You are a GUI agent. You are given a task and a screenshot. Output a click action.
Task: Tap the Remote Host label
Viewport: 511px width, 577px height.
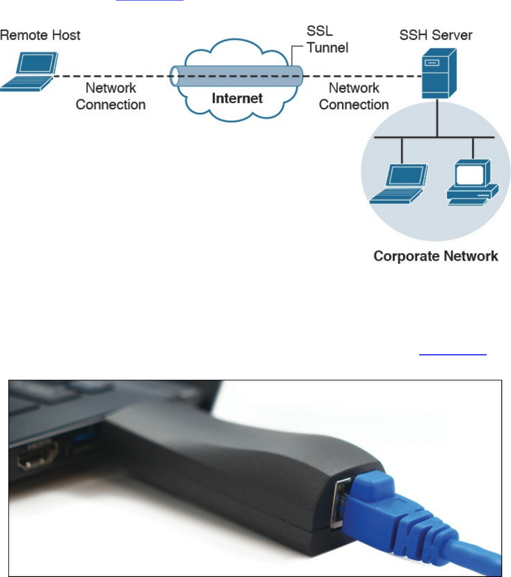pos(40,35)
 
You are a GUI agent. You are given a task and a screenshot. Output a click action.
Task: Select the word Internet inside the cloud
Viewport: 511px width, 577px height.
pos(237,98)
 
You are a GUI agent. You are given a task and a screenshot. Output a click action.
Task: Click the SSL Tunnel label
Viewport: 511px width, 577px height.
pos(327,39)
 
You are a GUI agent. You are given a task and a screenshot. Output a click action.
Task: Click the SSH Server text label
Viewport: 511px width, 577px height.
pos(436,35)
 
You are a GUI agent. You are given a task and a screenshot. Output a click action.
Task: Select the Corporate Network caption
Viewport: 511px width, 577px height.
pos(436,256)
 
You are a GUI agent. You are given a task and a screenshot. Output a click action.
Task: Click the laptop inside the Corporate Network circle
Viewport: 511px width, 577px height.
pos(399,183)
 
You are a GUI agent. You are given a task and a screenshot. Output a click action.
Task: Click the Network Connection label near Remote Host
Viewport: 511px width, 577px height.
pos(111,96)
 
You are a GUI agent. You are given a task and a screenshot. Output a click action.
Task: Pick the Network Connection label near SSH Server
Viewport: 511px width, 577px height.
pos(354,96)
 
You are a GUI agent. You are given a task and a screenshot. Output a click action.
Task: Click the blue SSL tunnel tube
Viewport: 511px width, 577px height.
pos(237,76)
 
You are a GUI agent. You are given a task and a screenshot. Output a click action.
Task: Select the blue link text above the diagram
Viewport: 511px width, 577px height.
pos(149,1)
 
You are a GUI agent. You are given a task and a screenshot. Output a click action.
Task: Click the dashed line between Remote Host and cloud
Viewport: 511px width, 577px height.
pos(113,76)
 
